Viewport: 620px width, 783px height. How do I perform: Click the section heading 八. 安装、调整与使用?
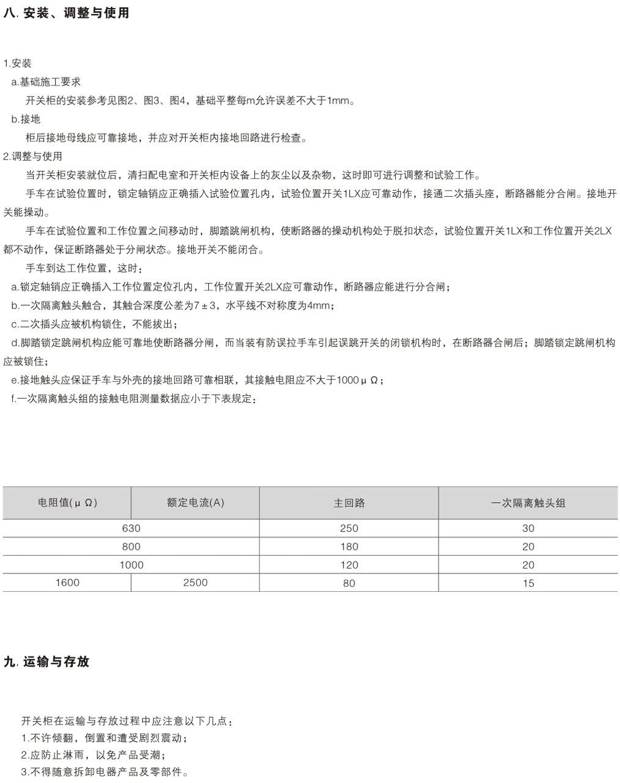point(67,13)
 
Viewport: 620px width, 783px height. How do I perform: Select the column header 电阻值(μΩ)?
point(67,503)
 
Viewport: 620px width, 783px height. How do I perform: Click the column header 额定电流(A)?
point(195,503)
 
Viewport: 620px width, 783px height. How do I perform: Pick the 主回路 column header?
point(349,503)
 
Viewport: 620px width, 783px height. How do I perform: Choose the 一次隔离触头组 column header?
point(528,503)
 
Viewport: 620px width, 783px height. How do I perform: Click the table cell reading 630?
point(131,528)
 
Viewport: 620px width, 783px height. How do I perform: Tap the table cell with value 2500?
point(195,583)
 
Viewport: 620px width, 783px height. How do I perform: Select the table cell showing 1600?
point(67,583)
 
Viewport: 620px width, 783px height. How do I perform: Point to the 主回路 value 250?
point(349,528)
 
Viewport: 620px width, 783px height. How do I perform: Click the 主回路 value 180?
point(349,547)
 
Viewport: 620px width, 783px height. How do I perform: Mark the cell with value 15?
point(528,583)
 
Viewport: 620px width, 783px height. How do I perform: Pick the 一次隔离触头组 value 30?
point(528,528)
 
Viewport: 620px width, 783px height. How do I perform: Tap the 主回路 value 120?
point(349,565)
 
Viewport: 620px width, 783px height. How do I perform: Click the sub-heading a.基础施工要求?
point(46,82)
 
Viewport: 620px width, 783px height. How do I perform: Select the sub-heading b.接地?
point(26,119)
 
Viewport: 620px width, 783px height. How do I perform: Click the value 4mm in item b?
point(319,305)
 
